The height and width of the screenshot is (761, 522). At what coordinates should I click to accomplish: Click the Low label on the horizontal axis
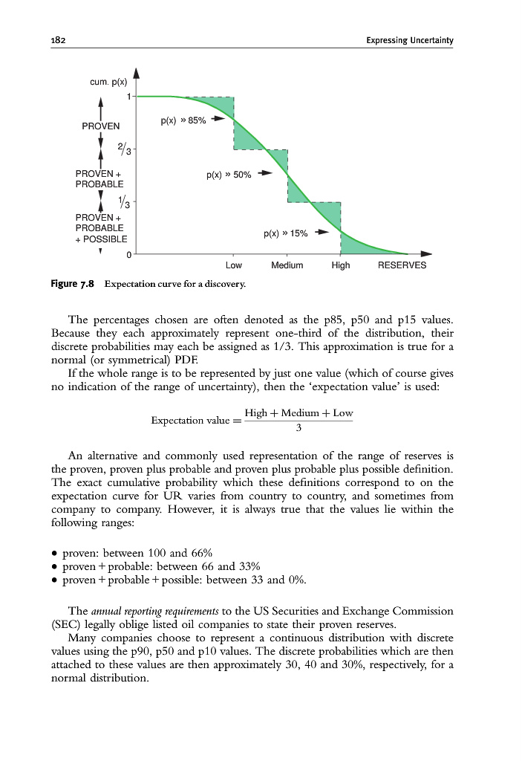point(233,265)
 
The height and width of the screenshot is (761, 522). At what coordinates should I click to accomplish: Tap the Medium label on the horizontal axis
point(287,265)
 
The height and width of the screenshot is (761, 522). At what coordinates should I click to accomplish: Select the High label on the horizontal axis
point(340,265)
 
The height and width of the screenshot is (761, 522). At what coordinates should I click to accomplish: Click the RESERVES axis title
point(402,265)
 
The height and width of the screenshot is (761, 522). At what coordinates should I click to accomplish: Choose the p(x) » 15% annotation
point(285,233)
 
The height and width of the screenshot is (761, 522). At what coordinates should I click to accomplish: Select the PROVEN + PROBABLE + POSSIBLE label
point(101,227)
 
